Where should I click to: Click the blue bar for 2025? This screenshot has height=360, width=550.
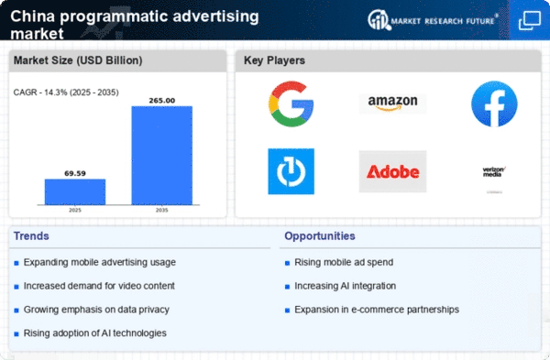pos(75,191)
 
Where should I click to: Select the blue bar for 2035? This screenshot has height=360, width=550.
pos(162,156)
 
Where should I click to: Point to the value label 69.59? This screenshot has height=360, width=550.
pos(75,173)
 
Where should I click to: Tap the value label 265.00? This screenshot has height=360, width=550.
pos(162,100)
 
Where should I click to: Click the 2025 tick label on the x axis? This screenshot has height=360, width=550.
pos(75,210)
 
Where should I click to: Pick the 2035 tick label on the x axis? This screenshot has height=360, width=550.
pos(162,210)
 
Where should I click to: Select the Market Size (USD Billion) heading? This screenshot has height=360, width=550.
pos(78,60)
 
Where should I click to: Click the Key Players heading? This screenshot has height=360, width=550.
pos(274,60)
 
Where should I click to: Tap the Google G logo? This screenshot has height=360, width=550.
pos(291,104)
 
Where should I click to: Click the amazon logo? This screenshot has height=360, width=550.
pos(392,104)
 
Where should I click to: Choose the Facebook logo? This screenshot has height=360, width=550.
pos(494,104)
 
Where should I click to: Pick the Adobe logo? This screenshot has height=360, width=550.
pos(392,171)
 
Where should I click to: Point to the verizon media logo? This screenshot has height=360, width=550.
pos(494,172)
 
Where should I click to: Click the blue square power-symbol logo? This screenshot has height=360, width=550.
pos(291,171)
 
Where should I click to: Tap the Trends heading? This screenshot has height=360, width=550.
pos(31,236)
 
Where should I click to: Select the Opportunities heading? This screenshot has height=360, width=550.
pos(320,236)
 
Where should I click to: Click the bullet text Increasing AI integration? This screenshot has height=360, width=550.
pos(346,286)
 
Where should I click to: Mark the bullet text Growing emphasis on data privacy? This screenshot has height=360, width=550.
pos(96,310)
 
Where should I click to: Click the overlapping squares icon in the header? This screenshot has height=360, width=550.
pos(530,20)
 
